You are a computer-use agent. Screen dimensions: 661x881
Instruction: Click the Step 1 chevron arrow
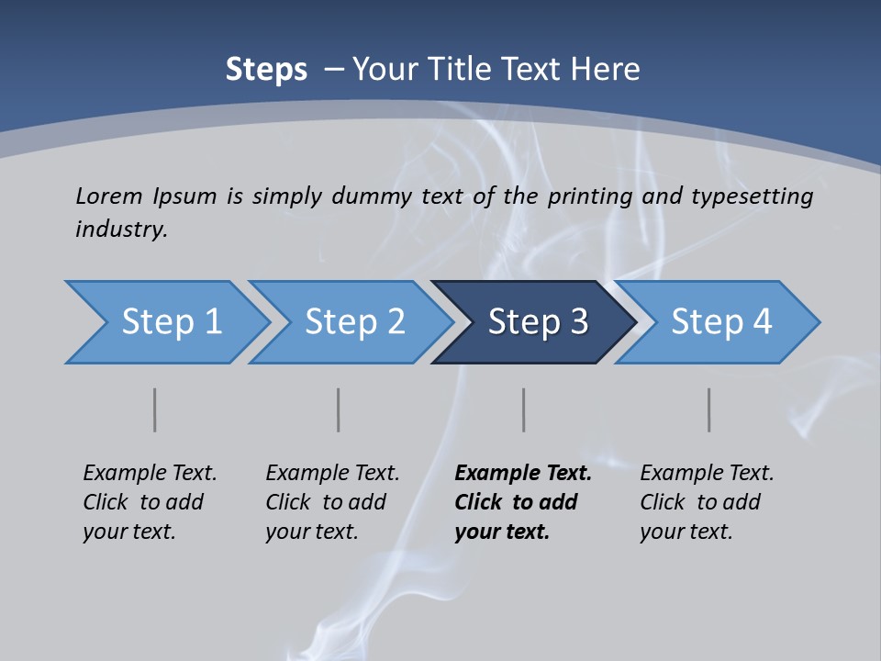pos(170,322)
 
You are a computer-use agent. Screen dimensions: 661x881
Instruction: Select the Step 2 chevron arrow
pos(353,322)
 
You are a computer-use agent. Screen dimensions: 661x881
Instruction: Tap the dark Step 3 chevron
pos(537,322)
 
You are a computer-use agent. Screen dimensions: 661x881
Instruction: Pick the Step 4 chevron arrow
pos(720,322)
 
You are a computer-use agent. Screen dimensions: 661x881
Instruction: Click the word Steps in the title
pos(266,70)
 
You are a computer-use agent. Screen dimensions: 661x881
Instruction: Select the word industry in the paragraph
pos(121,229)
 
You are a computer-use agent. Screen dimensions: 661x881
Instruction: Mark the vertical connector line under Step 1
pos(154,409)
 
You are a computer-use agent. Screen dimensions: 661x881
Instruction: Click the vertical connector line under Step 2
pos(338,409)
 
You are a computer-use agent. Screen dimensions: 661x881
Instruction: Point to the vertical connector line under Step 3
pos(523,409)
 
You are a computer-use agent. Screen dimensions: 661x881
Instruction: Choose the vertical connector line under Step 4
pos(708,409)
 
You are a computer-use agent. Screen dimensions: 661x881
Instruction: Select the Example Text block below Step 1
pos(150,502)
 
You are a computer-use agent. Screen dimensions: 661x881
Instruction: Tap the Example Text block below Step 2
pos(332,502)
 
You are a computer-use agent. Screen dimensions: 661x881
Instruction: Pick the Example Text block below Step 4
pos(707,502)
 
